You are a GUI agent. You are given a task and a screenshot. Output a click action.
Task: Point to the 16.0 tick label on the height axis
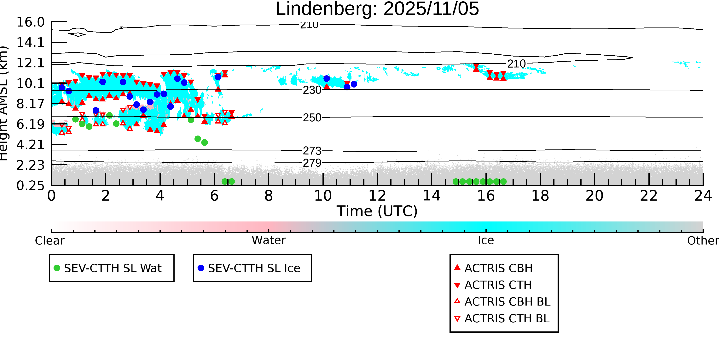30,22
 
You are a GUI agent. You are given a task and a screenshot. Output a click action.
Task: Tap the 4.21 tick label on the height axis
30,145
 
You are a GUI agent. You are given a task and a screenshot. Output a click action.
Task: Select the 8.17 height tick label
30,104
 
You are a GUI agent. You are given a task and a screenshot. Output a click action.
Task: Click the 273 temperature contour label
312,151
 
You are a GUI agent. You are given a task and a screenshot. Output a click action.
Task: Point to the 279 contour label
312,163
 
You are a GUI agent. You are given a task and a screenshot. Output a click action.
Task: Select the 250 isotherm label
312,118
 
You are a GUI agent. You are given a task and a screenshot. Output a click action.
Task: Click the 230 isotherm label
312,90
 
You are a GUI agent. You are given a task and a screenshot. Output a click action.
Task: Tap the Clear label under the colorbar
49,241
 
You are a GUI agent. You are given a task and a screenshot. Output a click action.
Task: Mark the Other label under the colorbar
703,241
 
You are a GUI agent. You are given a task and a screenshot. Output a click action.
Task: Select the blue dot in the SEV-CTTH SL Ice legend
201,268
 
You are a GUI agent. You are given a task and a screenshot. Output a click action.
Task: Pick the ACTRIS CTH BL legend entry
507,318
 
